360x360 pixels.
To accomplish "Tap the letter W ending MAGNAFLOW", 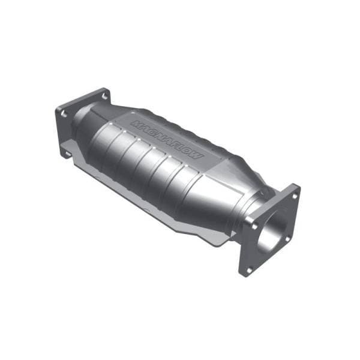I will tap(197, 156).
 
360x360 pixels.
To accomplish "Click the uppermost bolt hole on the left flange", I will tap(104, 95).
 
